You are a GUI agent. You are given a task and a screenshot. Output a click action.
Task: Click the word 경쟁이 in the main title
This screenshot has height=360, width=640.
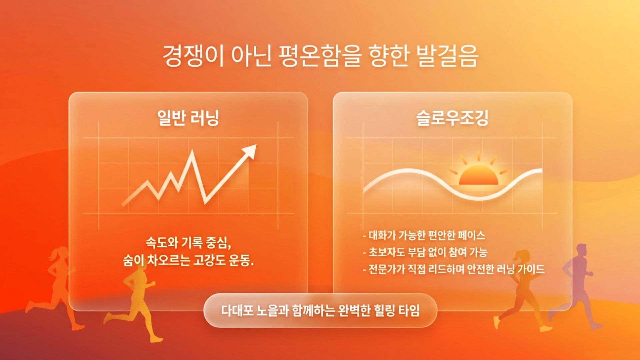pos(193,56)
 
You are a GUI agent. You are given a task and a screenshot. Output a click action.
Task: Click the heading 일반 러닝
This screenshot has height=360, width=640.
pos(188,118)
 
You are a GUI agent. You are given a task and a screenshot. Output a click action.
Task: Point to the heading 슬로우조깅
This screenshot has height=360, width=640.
pos(452,118)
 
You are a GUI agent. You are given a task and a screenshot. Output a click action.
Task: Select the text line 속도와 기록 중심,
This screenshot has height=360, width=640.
pos(188,242)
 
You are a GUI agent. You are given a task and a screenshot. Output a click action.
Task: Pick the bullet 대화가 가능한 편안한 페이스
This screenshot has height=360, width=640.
pos(424,236)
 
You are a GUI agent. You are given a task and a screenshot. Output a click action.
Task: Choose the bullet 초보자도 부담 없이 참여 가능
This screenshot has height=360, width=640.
pos(425,252)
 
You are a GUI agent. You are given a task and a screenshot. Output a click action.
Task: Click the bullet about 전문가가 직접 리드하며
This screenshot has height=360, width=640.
pos(454,269)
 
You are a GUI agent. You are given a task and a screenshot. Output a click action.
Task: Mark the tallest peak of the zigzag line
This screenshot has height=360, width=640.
pos(192,152)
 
